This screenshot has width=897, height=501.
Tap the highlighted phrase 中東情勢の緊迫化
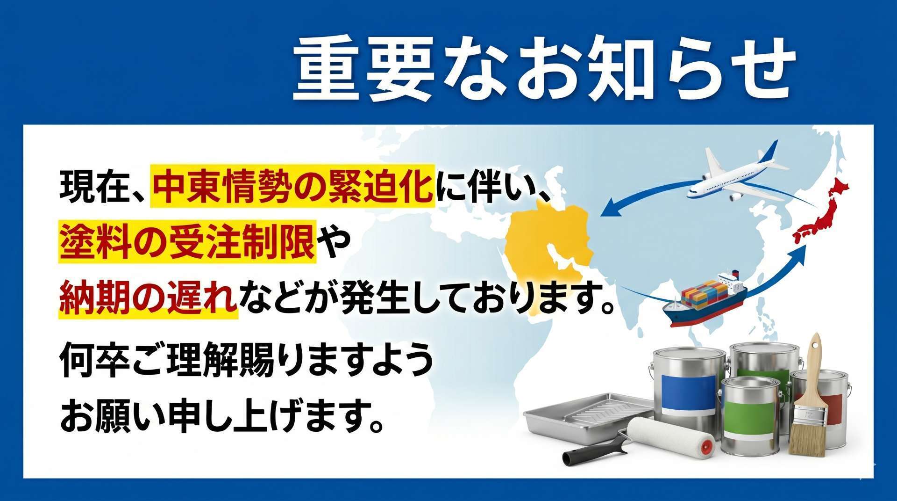point(292,186)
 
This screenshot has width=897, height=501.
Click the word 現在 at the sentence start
point(89,187)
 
